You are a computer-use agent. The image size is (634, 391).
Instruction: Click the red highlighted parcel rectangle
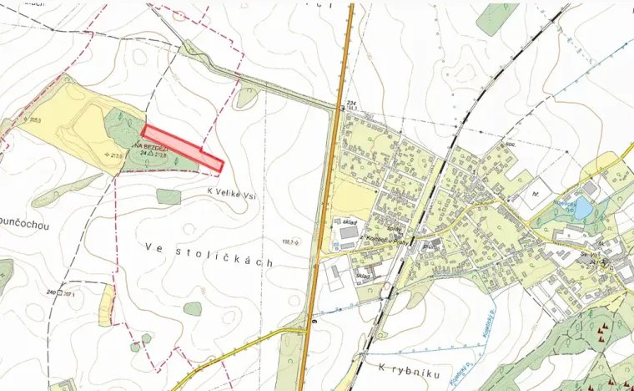(182, 149)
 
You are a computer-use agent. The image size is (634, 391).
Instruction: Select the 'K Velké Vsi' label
(235, 190)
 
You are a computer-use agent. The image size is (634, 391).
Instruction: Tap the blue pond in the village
(581, 208)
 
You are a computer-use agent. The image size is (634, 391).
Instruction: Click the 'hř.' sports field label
(536, 192)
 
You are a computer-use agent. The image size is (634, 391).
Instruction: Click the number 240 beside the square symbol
(52, 293)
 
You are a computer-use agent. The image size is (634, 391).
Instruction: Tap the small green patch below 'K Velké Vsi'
(169, 196)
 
